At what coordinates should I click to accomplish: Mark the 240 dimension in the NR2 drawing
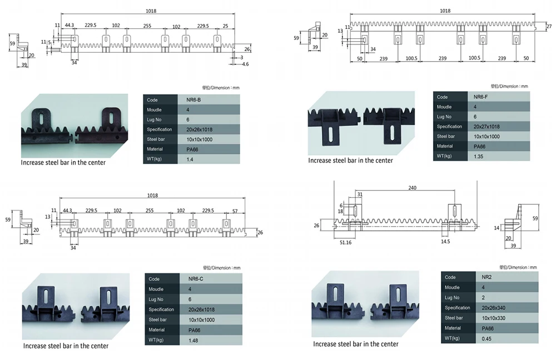(412, 188)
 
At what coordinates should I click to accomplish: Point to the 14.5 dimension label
(445, 242)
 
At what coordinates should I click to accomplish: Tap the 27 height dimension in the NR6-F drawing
(549, 27)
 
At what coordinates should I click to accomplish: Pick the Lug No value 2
(475, 298)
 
